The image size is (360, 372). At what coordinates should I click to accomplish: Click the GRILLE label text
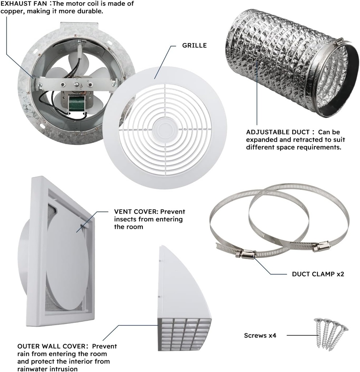(194, 45)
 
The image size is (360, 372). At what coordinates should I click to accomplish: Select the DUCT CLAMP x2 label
(318, 274)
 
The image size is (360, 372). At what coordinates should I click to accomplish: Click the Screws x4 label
(260, 336)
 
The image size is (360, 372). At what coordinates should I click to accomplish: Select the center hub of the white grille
(165, 130)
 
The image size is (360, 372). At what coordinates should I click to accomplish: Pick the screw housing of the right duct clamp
(321, 247)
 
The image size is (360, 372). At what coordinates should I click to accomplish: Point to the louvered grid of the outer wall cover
(185, 334)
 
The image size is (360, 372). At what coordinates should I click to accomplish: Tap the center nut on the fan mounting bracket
(77, 85)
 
